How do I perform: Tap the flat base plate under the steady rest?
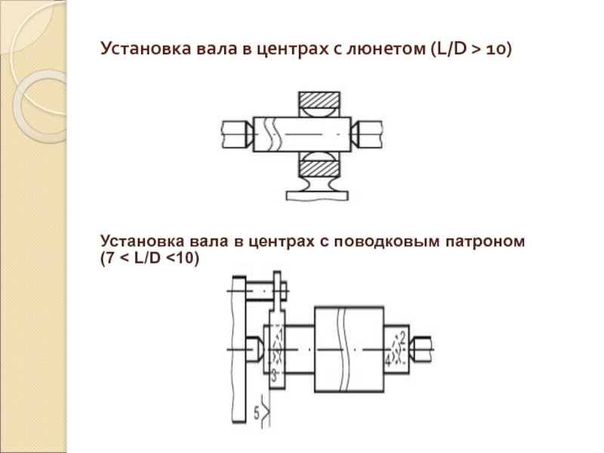tap(317, 195)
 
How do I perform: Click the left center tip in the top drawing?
tap(249, 134)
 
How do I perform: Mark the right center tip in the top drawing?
tap(354, 134)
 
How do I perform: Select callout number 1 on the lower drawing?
tap(280, 333)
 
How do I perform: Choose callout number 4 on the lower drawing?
tap(387, 362)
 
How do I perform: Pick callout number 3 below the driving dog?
tap(273, 373)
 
